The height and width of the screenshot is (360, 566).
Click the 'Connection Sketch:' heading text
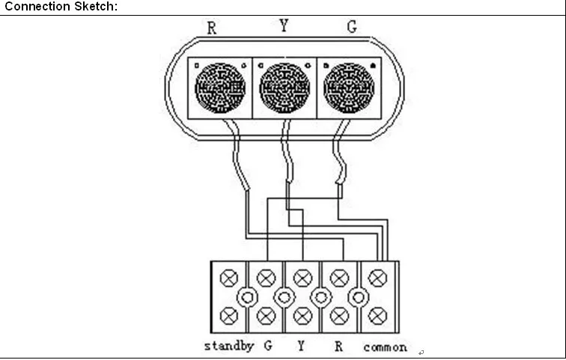tap(61, 7)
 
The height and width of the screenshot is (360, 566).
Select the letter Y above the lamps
tap(284, 26)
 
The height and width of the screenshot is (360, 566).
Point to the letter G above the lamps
tap(351, 28)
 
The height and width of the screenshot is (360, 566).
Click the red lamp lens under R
tap(220, 87)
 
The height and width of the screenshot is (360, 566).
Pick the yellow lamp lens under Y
tap(284, 87)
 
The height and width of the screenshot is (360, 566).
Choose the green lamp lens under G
tap(349, 87)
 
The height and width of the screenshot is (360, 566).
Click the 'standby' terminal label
tap(229, 347)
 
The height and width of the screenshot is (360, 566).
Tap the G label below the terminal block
tap(267, 347)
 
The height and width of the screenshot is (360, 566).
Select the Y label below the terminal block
tap(302, 347)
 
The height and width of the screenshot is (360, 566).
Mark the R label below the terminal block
tap(338, 347)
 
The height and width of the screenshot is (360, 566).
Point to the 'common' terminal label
tap(386, 347)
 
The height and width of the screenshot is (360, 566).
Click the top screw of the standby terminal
tap(229, 278)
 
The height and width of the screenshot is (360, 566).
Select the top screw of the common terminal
tap(377, 278)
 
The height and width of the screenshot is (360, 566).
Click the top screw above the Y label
tap(302, 278)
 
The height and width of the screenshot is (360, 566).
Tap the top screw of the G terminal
tap(266, 278)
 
